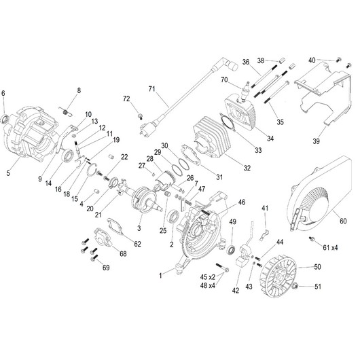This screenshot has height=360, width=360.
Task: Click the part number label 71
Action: [152, 88]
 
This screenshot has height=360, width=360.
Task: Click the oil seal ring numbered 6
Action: [5, 119]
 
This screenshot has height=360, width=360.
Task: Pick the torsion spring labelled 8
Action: [66, 111]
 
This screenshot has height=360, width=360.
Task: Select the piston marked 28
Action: [164, 179]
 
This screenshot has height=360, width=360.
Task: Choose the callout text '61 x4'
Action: [330, 248]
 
